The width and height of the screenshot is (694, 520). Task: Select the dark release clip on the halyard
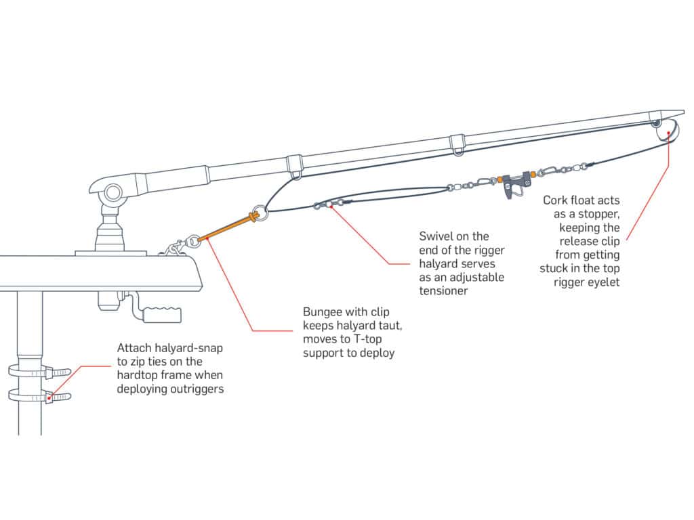(514, 184)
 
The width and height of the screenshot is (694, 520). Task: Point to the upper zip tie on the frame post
(41, 371)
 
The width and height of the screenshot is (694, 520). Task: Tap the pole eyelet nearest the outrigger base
(295, 167)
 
